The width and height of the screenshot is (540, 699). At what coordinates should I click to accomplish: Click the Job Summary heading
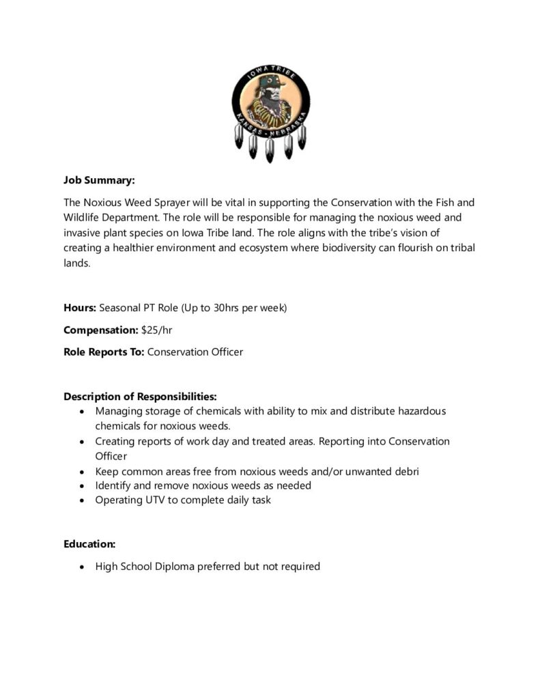[99, 180]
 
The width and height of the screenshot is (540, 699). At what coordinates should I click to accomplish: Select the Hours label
[80, 308]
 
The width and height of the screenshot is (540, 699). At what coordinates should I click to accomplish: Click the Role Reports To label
[104, 352]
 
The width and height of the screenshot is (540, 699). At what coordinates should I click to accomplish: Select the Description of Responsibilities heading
[141, 397]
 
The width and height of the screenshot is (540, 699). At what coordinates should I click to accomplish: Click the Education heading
[89, 544]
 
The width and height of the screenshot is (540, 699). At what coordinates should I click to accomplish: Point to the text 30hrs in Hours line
[227, 308]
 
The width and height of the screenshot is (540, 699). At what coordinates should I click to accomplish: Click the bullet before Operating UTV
[83, 500]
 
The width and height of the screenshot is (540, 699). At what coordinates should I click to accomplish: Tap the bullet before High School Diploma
[83, 567]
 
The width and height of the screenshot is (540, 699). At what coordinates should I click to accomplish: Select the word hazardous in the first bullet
[423, 411]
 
